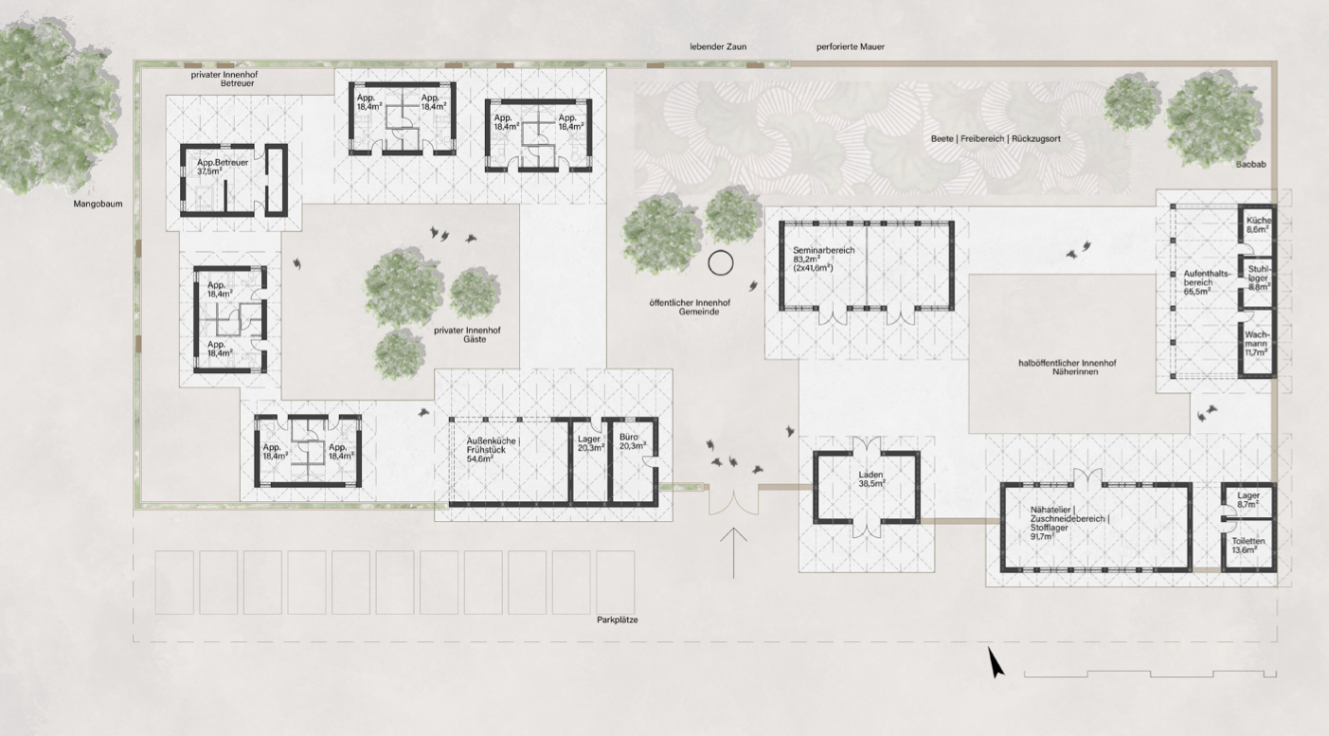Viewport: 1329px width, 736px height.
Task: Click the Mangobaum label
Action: coord(98,204)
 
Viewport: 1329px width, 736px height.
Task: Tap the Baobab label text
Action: coord(1250,164)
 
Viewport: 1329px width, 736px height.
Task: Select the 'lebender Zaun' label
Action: coord(718,46)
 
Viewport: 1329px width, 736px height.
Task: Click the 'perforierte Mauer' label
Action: coord(851,46)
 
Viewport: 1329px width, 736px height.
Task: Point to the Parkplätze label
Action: coord(618,619)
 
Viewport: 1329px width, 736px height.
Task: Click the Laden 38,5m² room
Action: coord(866,488)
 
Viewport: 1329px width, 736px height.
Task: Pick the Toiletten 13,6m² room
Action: coord(1248,546)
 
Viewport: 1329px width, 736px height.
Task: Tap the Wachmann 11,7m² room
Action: coord(1257,344)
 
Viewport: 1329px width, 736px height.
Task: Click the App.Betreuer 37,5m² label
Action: coord(223,167)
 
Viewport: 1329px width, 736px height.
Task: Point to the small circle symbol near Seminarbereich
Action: coord(721,262)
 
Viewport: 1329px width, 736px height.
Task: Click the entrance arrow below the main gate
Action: coord(734,553)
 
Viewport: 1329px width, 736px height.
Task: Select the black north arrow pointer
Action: coord(996,662)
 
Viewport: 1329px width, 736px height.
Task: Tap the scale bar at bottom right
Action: coord(1150,673)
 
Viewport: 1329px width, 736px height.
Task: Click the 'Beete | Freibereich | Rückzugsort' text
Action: coord(996,139)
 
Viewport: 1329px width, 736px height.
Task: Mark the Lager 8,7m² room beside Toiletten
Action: coord(1248,500)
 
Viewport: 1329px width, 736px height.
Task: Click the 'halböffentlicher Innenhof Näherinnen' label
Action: coord(1068,368)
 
